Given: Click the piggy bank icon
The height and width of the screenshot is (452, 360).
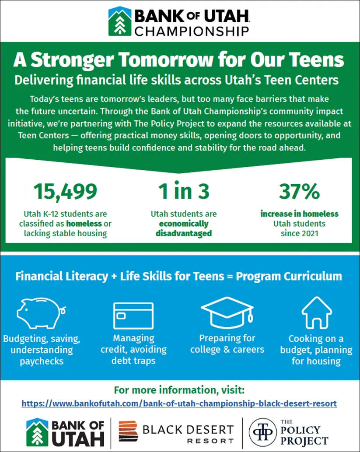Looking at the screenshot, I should (x=40, y=312).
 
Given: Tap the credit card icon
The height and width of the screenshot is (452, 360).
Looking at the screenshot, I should (x=133, y=313).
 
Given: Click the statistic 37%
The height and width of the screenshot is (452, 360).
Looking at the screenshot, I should (x=299, y=192).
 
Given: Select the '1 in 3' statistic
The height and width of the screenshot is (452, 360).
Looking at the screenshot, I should (x=184, y=192).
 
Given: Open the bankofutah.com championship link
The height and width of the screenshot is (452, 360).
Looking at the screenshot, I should (x=179, y=403).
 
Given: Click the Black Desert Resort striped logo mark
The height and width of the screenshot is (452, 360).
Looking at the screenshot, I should (x=129, y=432).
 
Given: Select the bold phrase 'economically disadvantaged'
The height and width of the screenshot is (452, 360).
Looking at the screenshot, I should (x=184, y=228).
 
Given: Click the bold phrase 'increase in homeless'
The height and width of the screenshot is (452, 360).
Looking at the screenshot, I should (x=299, y=214).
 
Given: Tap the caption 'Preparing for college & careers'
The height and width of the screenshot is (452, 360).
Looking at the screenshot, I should (x=227, y=344).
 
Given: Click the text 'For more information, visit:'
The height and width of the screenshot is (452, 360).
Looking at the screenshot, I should (x=180, y=389).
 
